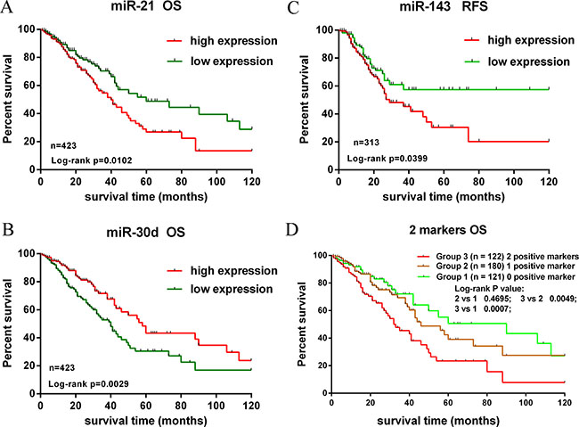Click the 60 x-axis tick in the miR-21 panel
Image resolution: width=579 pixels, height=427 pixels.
pos(146,179)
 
